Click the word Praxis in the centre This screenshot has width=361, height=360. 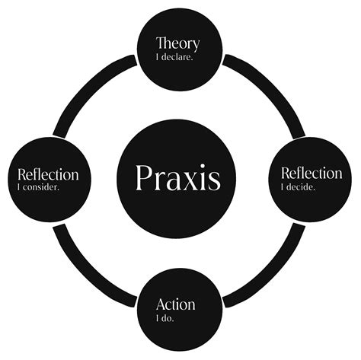tap(178, 177)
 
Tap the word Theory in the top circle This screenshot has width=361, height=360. tap(179, 43)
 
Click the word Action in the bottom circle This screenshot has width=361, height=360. tap(175, 304)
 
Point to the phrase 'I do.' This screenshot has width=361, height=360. tap(165, 318)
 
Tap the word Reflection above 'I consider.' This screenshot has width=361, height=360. tap(48, 174)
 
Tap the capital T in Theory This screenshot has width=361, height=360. tap(161, 43)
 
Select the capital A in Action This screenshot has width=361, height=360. tap(161, 304)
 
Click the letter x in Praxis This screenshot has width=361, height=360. tap(193, 180)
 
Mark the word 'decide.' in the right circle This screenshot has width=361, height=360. tap(303, 186)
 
